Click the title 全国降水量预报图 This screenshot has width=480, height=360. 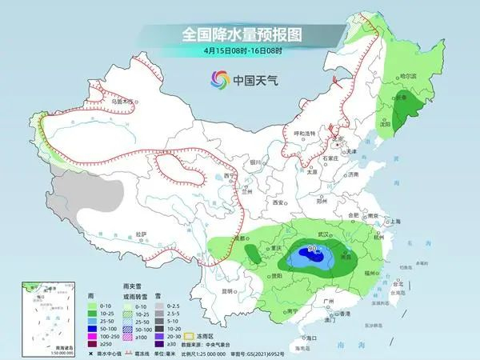click(x=241, y=35)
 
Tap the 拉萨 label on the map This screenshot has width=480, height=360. click(x=141, y=233)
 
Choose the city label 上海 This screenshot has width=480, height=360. click(x=394, y=221)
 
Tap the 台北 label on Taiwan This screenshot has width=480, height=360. click(x=398, y=283)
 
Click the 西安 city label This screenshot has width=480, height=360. click(x=278, y=203)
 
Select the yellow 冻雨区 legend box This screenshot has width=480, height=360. click(x=190, y=335)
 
